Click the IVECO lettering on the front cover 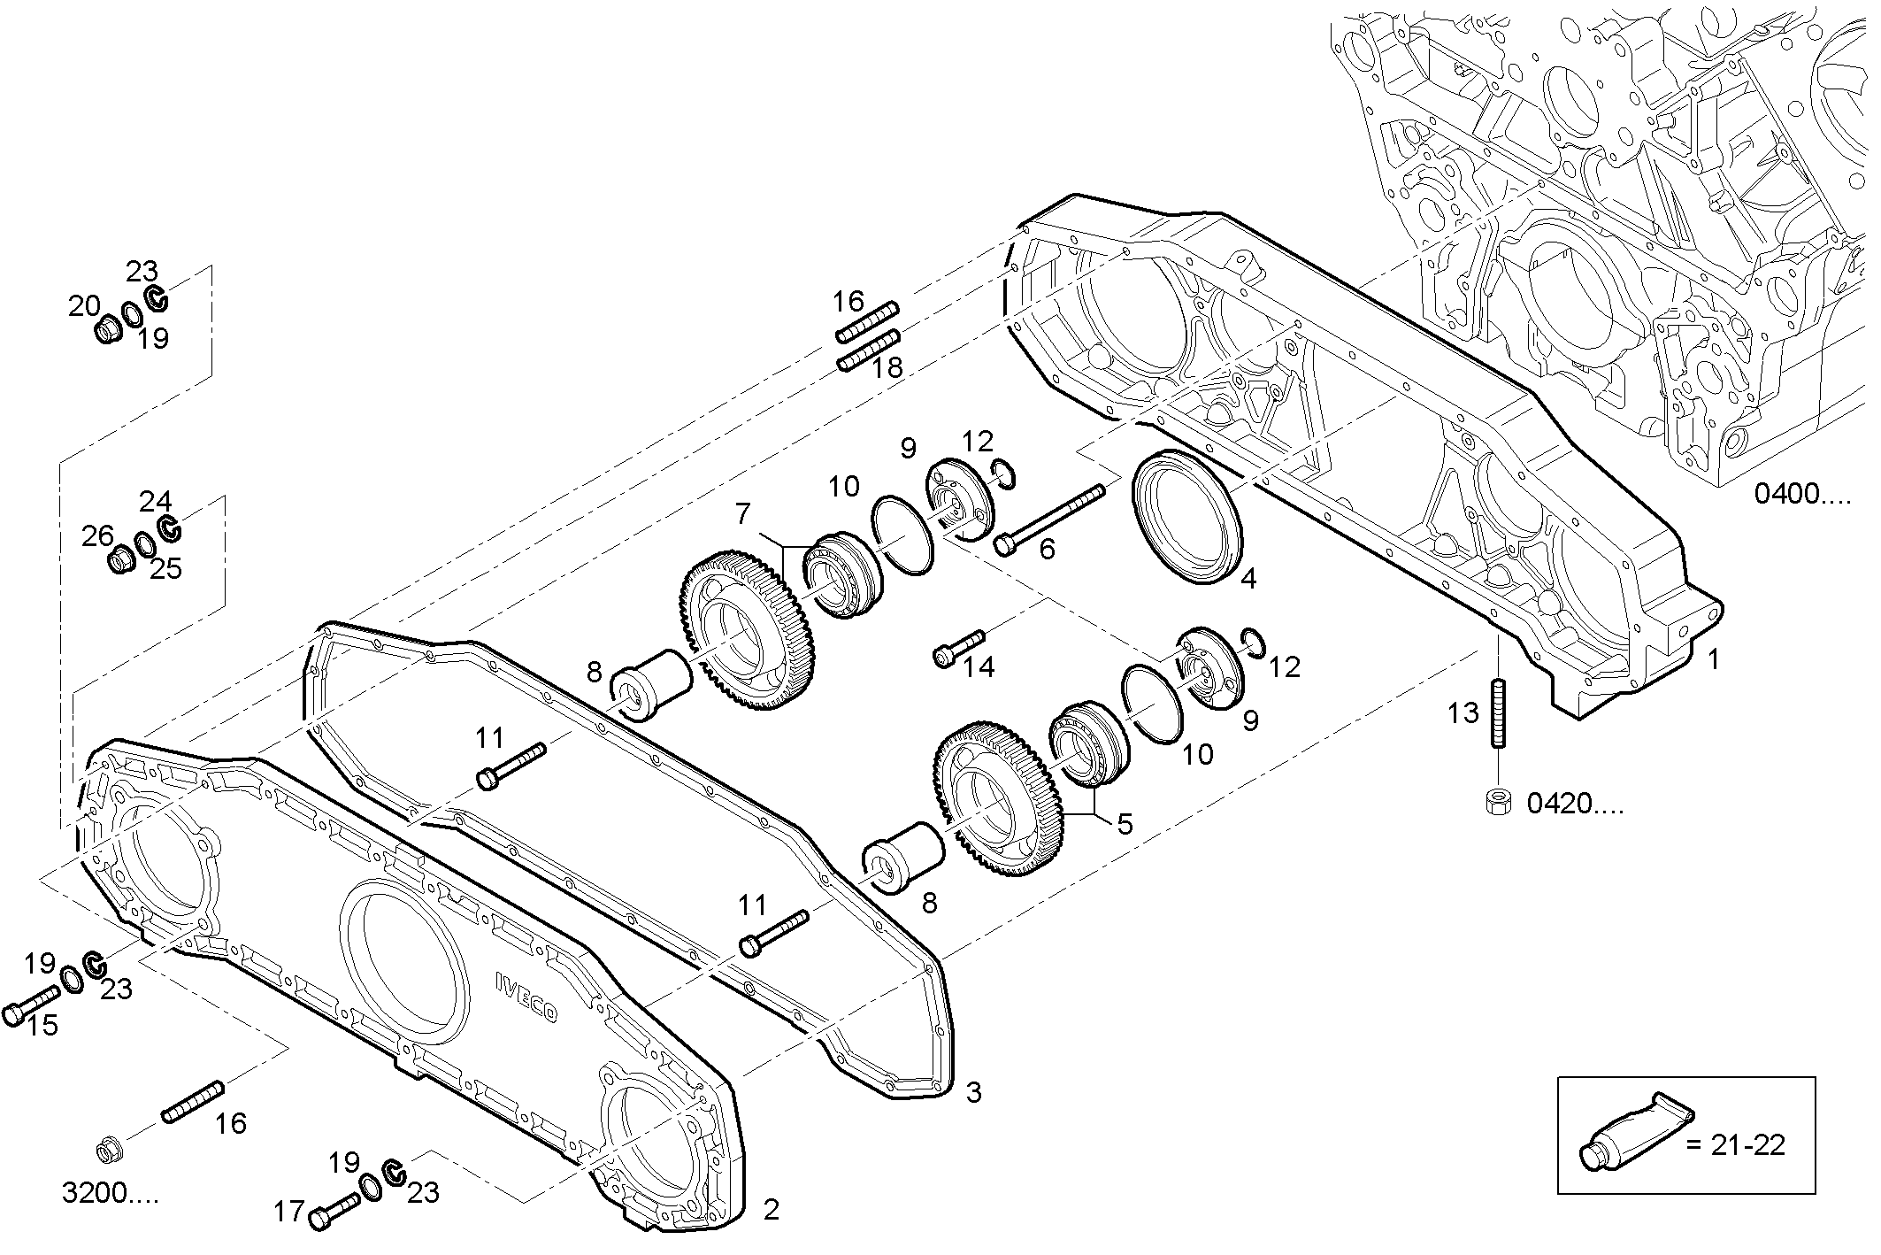coord(526,997)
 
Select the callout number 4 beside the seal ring coord(1248,579)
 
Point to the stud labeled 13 coord(1499,713)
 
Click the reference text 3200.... coord(110,1195)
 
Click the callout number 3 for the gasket coord(972,1092)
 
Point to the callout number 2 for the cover coord(771,1209)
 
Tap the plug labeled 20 coord(108,332)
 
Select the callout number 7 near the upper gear coord(742,512)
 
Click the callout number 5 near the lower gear coord(1124,824)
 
